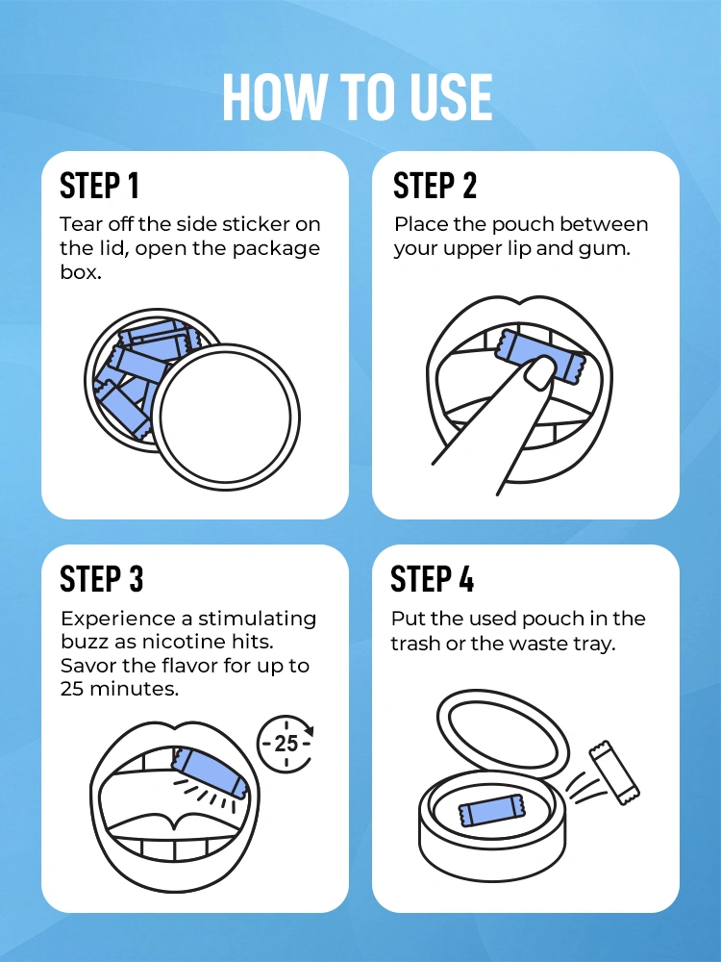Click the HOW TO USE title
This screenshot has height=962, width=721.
pos(358,97)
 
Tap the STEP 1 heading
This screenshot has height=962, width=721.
pos(101,185)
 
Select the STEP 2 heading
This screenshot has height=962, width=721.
pos(435,185)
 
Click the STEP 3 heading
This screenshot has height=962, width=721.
pos(102,579)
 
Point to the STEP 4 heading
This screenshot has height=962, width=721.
pos(433,579)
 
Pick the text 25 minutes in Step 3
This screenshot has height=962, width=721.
pos(120,690)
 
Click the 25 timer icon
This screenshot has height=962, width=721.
pos(286,743)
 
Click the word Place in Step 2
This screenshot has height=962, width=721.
pos(419,224)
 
